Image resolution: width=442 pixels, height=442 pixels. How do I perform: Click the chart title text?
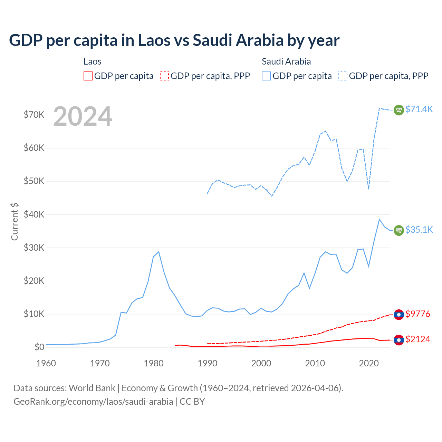(x=174, y=40)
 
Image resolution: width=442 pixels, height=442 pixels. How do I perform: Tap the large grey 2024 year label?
(x=83, y=116)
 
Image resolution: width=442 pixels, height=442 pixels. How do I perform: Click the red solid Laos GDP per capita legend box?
(x=88, y=76)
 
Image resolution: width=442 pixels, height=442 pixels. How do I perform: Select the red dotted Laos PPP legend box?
(x=164, y=76)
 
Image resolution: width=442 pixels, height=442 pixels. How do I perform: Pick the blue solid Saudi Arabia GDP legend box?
(x=266, y=76)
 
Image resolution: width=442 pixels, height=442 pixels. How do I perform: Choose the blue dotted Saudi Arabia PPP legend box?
(x=343, y=76)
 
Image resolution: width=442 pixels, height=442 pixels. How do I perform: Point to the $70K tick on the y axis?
(x=34, y=115)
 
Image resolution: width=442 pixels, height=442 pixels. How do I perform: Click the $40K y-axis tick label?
(x=34, y=214)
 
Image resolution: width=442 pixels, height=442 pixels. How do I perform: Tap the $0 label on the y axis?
(x=39, y=347)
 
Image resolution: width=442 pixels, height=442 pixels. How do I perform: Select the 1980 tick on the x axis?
(x=154, y=363)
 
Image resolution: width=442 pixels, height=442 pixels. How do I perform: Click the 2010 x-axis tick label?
(x=315, y=363)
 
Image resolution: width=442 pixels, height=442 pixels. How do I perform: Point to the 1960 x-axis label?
(x=46, y=363)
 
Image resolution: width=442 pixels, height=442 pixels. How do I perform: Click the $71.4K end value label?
(x=419, y=109)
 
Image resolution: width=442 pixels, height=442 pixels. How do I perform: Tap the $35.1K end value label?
(x=419, y=230)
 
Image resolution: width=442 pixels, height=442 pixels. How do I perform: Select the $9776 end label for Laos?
(x=418, y=314)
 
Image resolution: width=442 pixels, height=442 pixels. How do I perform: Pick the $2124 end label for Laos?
(x=418, y=339)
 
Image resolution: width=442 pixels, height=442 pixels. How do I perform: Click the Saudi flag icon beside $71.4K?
(x=399, y=110)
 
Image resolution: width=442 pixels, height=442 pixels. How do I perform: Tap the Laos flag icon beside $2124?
(x=399, y=340)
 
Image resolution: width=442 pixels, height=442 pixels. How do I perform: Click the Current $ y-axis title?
(x=15, y=222)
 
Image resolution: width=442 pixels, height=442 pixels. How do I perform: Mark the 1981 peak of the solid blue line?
(x=158, y=252)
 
